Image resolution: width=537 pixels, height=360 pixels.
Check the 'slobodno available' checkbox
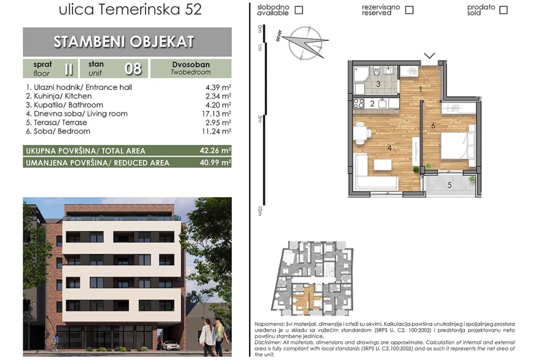click(299, 10)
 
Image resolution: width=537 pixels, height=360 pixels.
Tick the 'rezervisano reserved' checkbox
click(409, 10)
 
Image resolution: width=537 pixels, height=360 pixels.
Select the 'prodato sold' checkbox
click(503, 10)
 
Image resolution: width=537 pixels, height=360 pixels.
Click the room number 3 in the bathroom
click(378, 84)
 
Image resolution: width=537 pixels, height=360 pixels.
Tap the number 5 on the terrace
click(450, 185)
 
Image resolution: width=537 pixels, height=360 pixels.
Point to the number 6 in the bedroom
click(433, 126)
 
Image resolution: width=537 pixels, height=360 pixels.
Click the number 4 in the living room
click(389, 148)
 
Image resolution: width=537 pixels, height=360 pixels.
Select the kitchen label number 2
click(372, 104)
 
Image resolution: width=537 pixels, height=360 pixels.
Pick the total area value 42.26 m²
click(215, 150)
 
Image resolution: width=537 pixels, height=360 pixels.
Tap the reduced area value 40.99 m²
click(215, 162)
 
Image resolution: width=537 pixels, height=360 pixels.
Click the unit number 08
click(133, 69)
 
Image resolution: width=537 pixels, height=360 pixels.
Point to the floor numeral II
click(69, 69)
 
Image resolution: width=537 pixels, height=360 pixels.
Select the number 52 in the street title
click(193, 9)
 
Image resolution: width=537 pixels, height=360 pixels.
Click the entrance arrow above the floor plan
click(429, 55)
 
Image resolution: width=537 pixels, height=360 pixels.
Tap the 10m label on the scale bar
click(260, 211)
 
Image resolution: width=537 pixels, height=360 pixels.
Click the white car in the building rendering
click(171, 345)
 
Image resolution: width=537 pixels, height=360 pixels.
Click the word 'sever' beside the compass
click(279, 36)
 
